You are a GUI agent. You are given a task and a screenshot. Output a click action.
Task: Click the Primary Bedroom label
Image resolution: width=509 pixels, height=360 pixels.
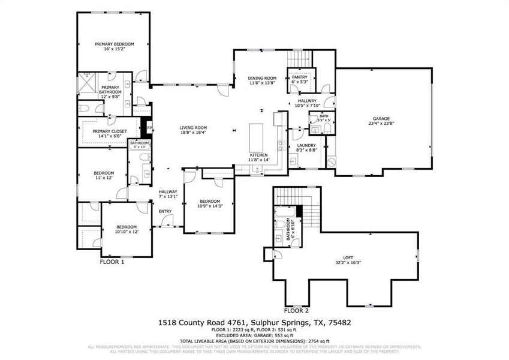[x=114, y=44]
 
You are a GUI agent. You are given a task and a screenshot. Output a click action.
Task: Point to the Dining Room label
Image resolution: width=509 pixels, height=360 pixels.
[x=262, y=78]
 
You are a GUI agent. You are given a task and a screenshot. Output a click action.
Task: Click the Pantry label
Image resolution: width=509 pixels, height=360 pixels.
[x=299, y=77]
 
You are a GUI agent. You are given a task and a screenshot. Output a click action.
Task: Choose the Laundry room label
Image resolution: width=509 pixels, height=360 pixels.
[x=306, y=145]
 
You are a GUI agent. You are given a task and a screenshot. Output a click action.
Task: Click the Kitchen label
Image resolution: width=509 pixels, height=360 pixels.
[x=260, y=155]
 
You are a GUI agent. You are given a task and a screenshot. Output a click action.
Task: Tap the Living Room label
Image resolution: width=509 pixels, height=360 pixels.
[x=193, y=128]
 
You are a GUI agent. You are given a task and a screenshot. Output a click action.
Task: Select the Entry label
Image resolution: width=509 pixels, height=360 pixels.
[x=165, y=211]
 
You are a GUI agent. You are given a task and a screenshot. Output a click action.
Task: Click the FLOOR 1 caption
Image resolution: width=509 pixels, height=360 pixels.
[x=112, y=262]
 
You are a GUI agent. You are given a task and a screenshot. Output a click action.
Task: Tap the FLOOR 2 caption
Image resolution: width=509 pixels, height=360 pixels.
[x=296, y=311]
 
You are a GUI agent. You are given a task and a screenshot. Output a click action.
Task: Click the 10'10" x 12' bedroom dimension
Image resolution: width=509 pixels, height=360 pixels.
[x=127, y=232]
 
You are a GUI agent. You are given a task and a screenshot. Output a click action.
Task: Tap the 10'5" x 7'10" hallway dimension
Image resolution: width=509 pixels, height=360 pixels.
[x=307, y=106]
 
